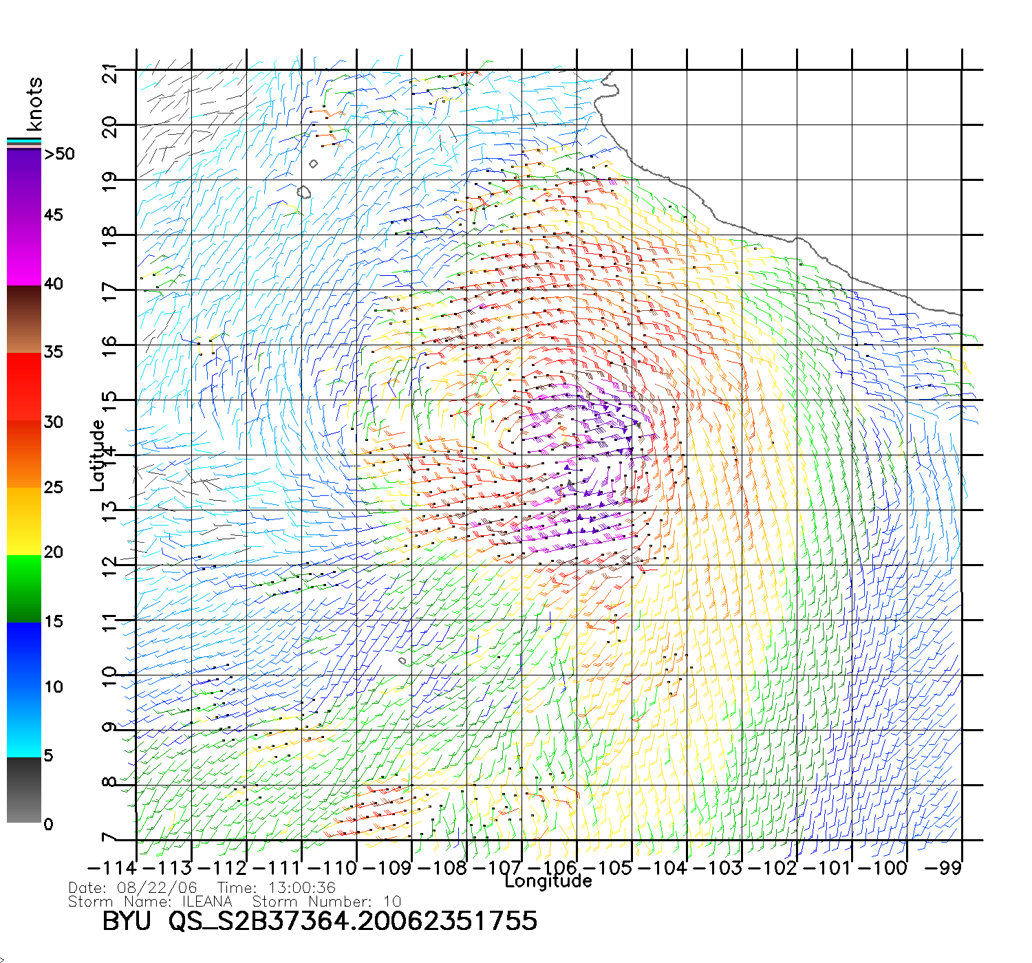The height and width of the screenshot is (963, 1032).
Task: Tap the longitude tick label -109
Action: coord(387,868)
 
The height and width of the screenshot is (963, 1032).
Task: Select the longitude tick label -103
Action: coord(718,868)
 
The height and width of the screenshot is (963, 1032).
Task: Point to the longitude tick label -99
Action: coord(943,868)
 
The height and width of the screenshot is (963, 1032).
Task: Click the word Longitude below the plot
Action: coord(548,881)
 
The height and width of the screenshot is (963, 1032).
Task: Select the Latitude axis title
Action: coord(98,455)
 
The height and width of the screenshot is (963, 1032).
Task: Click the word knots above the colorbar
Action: coord(34,104)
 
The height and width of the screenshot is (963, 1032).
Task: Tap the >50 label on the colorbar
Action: coord(60,154)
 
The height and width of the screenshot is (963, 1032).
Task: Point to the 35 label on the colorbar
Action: coord(53,352)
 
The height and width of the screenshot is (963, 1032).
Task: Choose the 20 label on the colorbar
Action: coord(53,552)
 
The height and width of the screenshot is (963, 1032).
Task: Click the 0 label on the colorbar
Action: coord(48,824)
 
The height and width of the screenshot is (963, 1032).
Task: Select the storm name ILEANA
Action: coord(207,901)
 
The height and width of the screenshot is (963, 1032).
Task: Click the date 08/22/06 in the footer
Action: coord(157,888)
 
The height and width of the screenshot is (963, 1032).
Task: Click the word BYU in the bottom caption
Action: coord(127,921)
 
